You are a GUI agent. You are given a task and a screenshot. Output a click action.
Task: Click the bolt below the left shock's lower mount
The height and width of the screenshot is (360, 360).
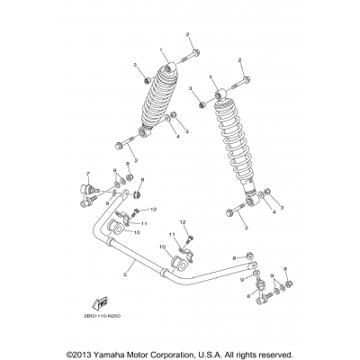click(x=123, y=143)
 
